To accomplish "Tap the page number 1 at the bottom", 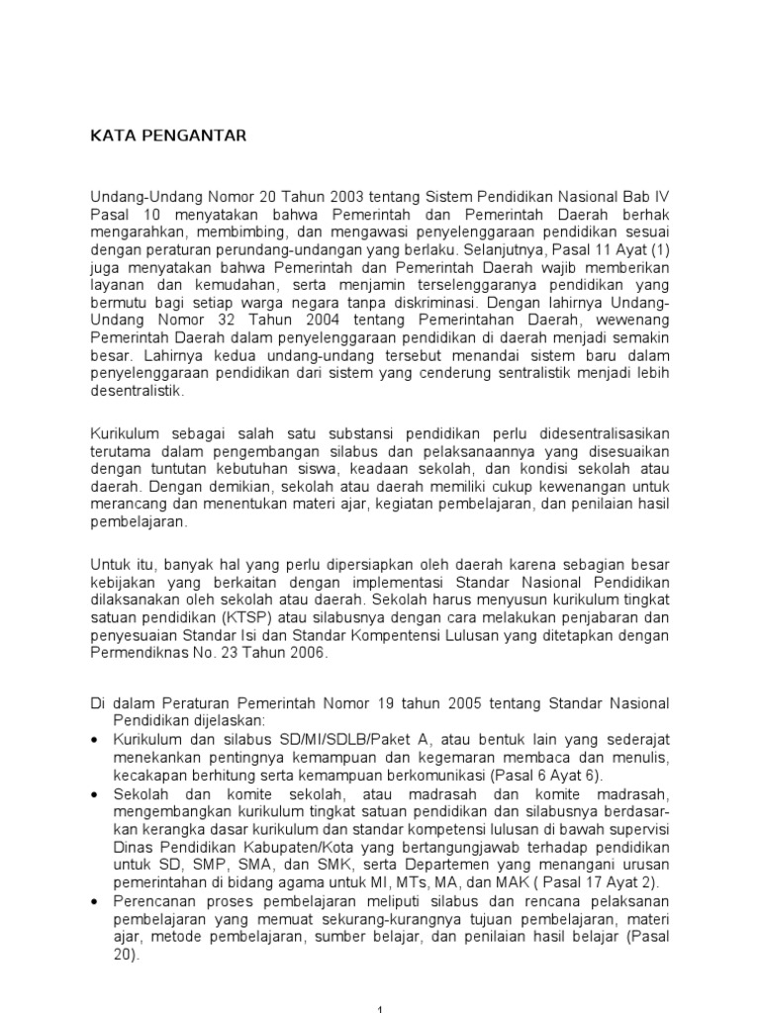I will coord(381,1006).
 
